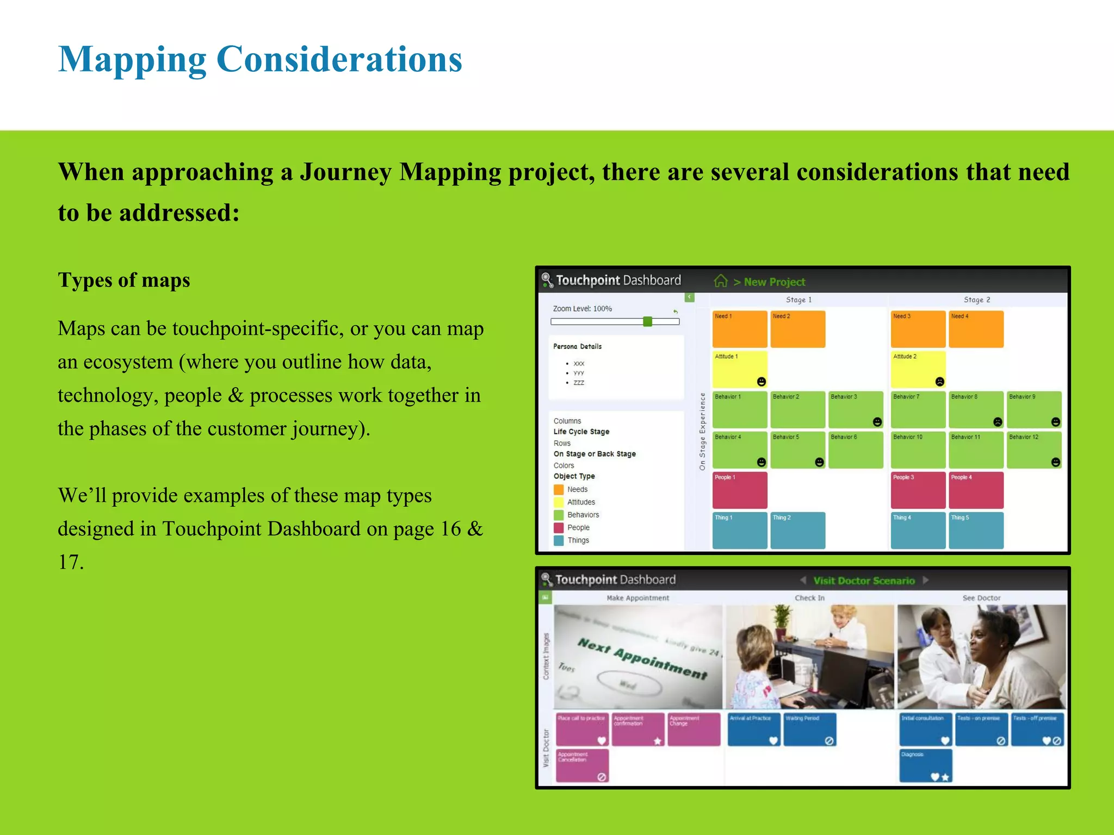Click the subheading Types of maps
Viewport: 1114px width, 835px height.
click(x=124, y=280)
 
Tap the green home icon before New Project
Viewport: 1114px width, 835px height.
click(x=721, y=281)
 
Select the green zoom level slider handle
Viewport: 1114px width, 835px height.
click(x=647, y=321)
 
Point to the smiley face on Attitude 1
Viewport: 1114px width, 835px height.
click(x=761, y=382)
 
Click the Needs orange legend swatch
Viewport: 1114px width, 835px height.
click(x=559, y=489)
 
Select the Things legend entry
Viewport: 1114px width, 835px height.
click(x=578, y=540)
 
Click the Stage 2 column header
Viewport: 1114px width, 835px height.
click(x=977, y=300)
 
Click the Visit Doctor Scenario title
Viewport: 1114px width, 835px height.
click(x=864, y=581)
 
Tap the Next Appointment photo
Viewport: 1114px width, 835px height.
click(x=638, y=657)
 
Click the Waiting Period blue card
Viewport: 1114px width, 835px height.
click(x=809, y=729)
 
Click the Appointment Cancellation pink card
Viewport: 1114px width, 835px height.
click(x=582, y=765)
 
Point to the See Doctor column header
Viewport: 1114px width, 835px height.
click(x=981, y=598)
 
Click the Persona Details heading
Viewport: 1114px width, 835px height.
click(x=577, y=346)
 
